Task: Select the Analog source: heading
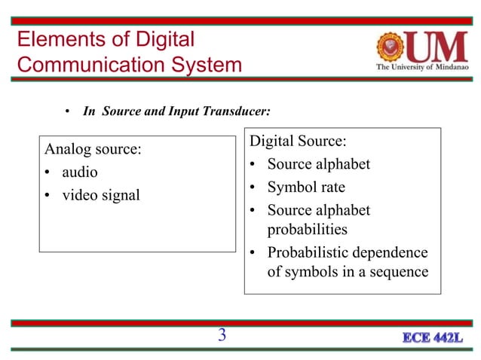pos(93,148)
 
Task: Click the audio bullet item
pos(80,172)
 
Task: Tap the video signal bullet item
pos(101,195)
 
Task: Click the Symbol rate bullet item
pos(306,187)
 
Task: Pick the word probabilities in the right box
pos(307,228)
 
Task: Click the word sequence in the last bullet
pos(394,270)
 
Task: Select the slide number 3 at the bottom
pos(222,335)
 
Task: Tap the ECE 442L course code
pos(431,337)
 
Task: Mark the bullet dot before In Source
pos(67,112)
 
